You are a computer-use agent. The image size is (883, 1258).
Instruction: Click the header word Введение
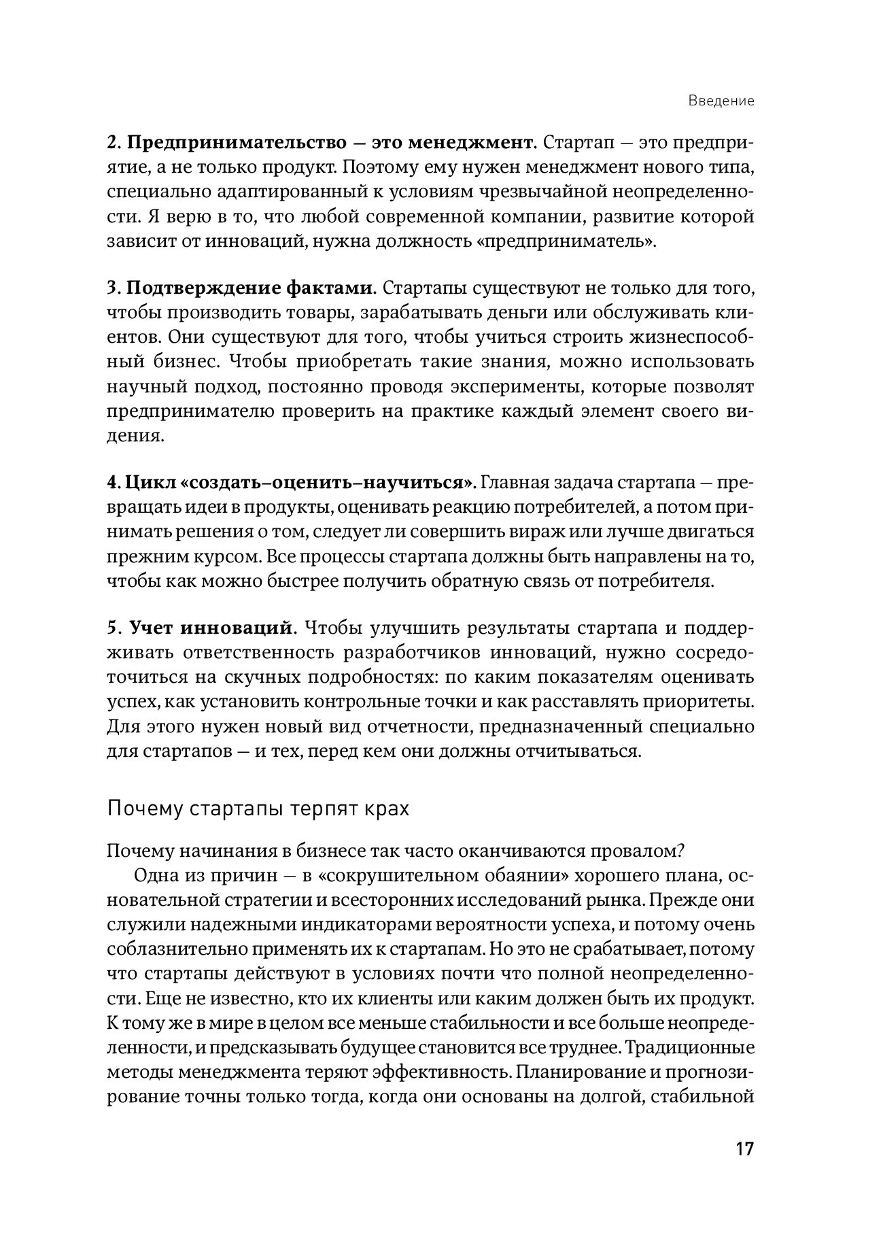[721, 101]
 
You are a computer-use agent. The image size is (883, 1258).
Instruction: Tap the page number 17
[744, 1149]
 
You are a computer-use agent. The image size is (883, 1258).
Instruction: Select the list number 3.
[113, 288]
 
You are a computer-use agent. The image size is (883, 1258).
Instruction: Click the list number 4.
[113, 483]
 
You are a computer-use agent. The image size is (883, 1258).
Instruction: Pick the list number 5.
[113, 628]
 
